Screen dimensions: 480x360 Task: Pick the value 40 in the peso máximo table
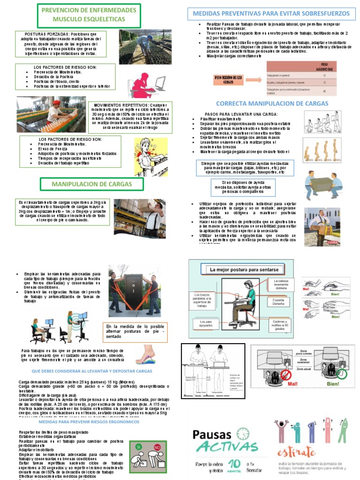click(x=324, y=91)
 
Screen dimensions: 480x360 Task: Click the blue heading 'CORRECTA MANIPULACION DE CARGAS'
click(x=272, y=104)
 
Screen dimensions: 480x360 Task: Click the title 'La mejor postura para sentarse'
click(x=244, y=270)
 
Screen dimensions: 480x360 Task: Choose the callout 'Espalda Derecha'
click(x=278, y=301)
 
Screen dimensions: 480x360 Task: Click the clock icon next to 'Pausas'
click(x=243, y=434)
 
